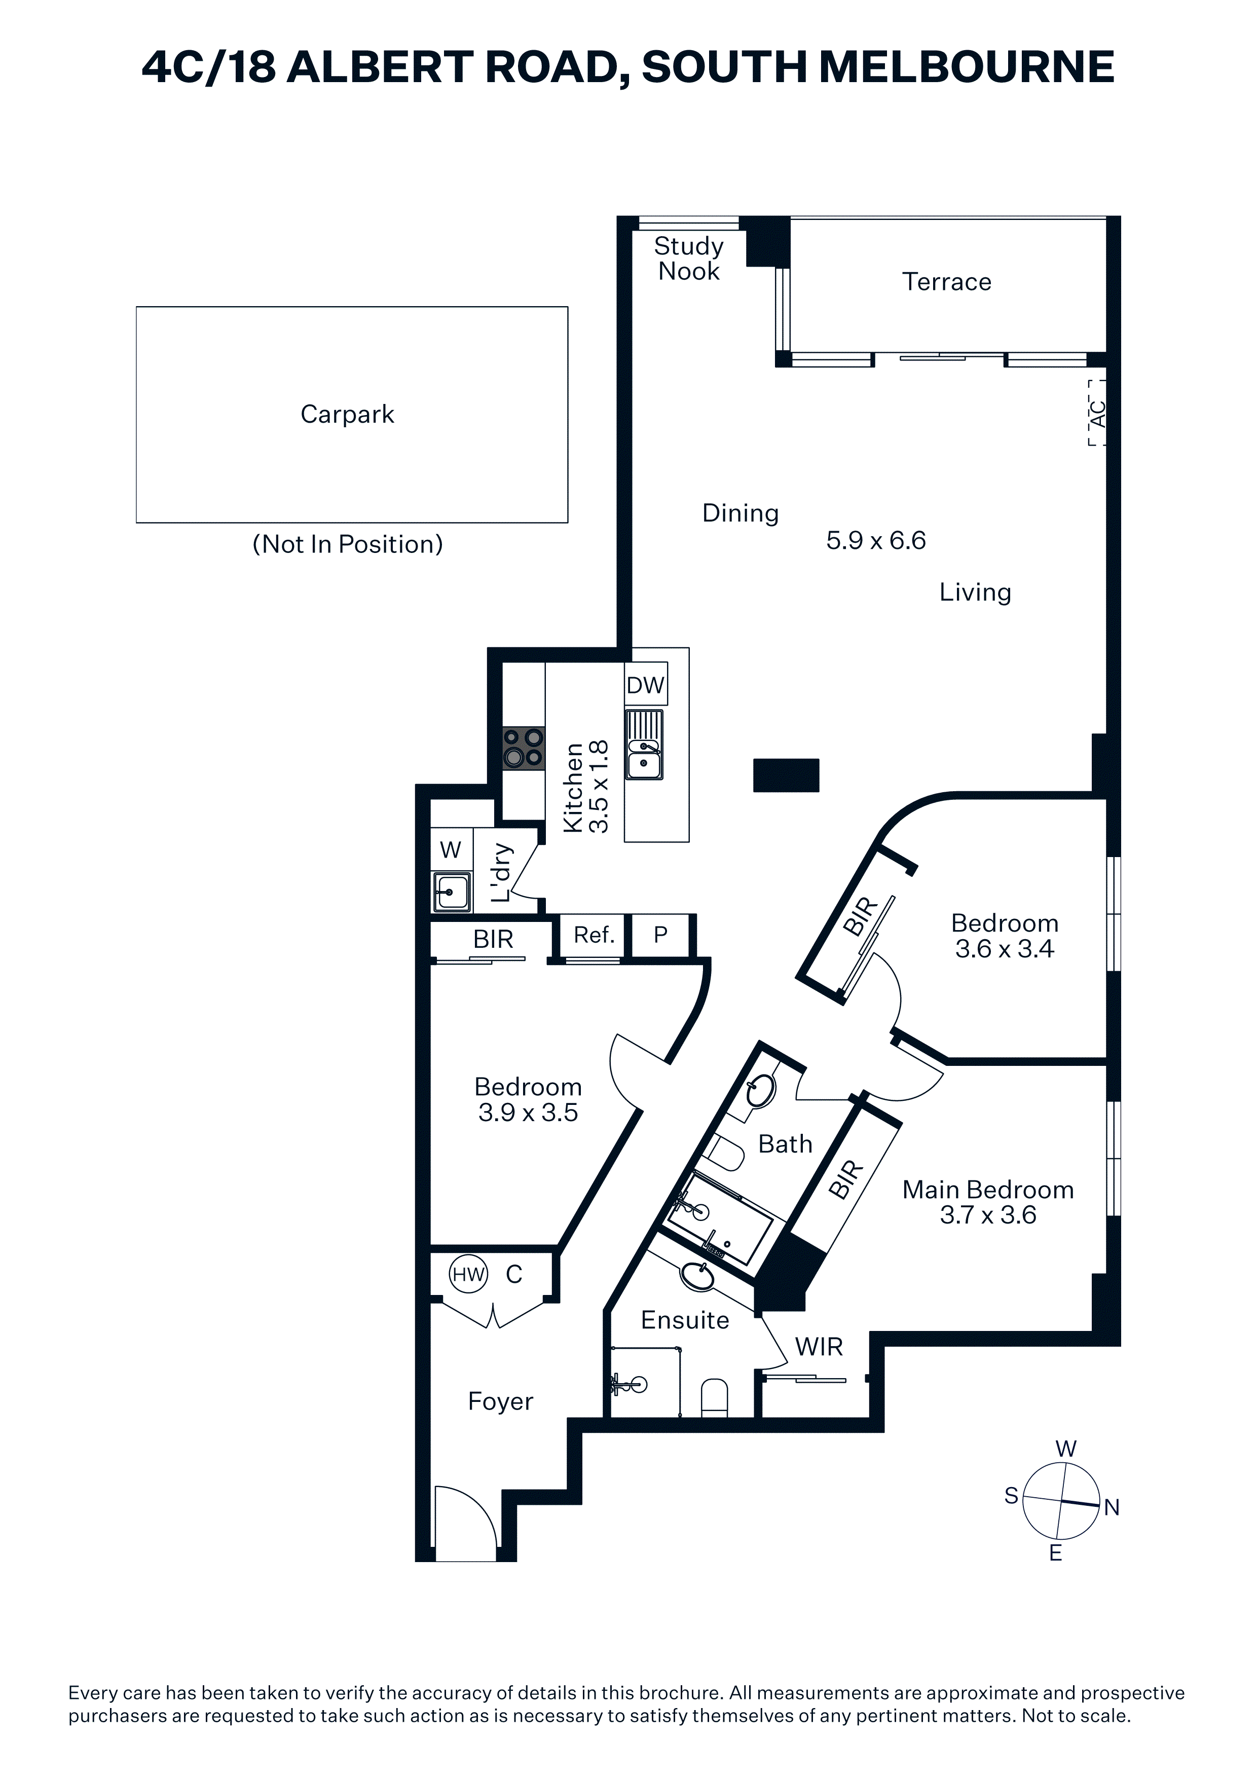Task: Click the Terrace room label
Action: coord(946,282)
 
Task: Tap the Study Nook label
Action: coord(688,258)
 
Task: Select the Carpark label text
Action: coord(347,414)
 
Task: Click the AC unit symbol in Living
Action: coord(1097,412)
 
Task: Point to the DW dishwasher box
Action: coord(646,685)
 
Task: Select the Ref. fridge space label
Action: coord(594,936)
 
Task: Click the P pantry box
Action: coord(660,936)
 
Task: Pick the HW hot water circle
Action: coord(468,1274)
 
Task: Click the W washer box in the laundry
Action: coord(451,849)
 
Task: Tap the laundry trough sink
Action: coord(452,892)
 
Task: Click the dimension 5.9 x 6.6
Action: coord(876,540)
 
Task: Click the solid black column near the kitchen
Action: coord(786,775)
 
